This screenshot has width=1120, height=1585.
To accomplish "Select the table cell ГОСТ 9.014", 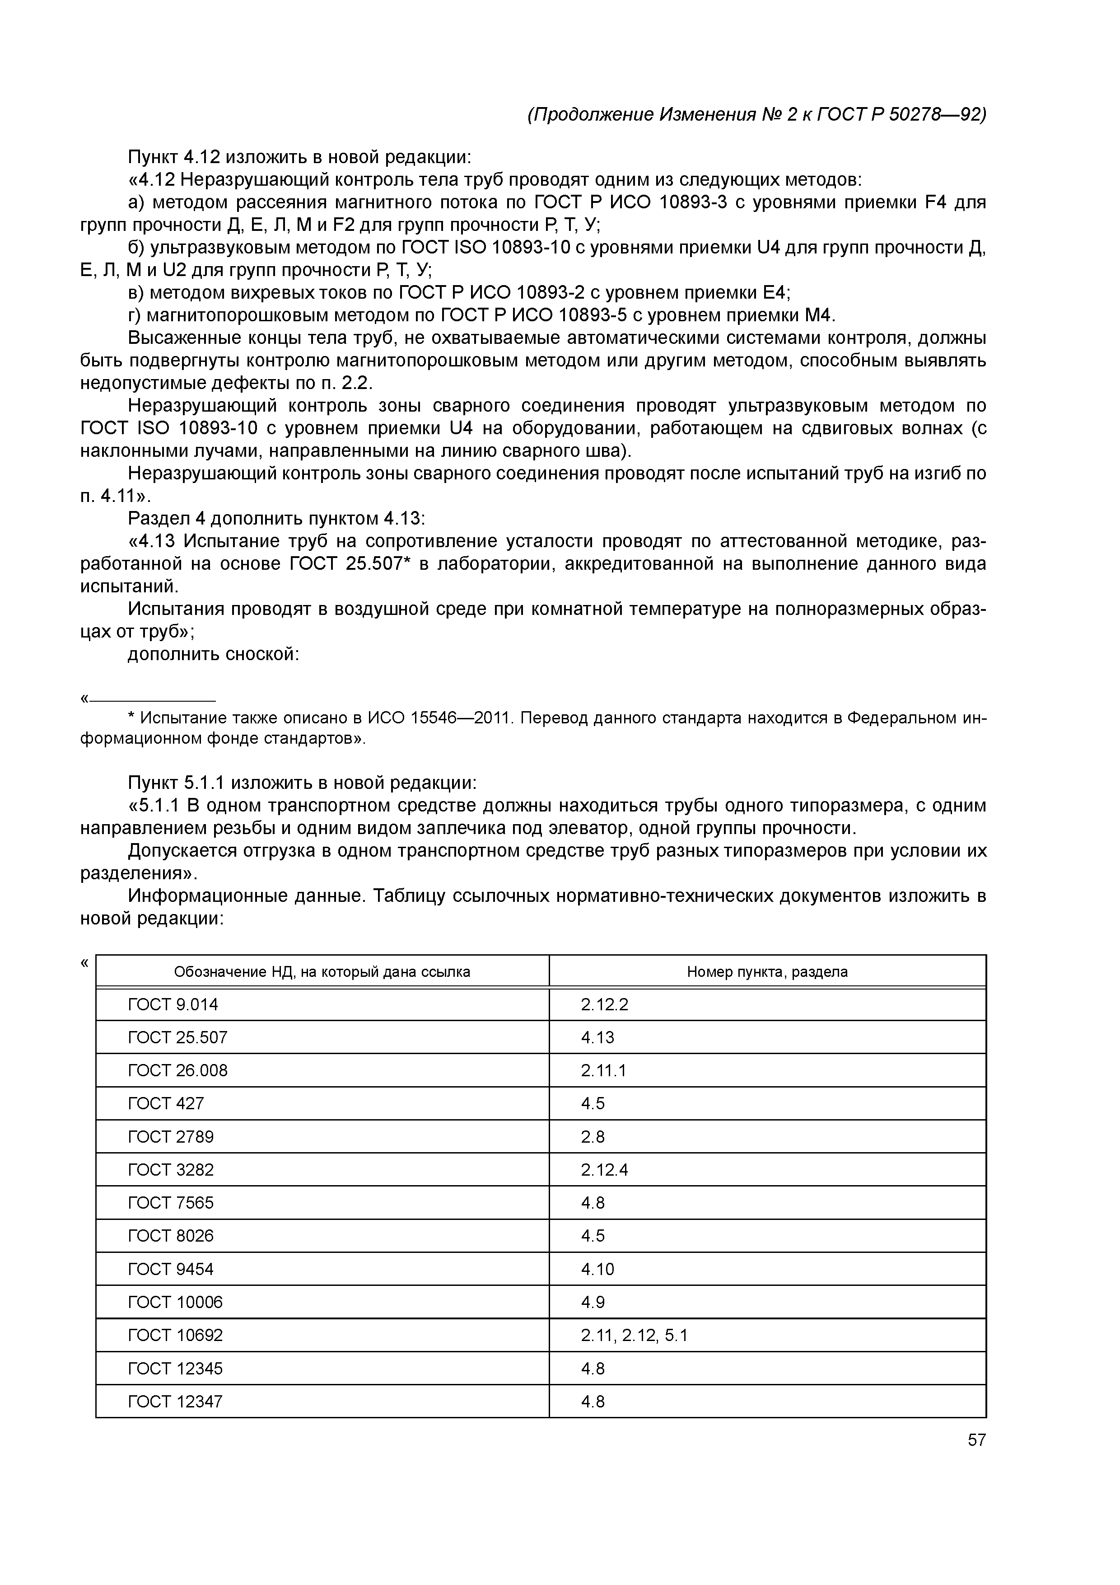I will coord(173,1004).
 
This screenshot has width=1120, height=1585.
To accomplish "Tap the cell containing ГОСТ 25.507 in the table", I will coord(178,1037).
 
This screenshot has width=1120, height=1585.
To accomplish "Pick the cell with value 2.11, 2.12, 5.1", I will coord(634,1336).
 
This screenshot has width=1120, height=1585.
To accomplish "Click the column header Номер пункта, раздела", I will coord(767,972).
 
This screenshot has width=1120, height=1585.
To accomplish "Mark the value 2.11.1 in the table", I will coord(603,1071).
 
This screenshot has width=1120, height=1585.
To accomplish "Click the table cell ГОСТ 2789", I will coord(171,1137).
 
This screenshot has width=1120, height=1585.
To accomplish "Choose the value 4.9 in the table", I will coord(593,1303).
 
